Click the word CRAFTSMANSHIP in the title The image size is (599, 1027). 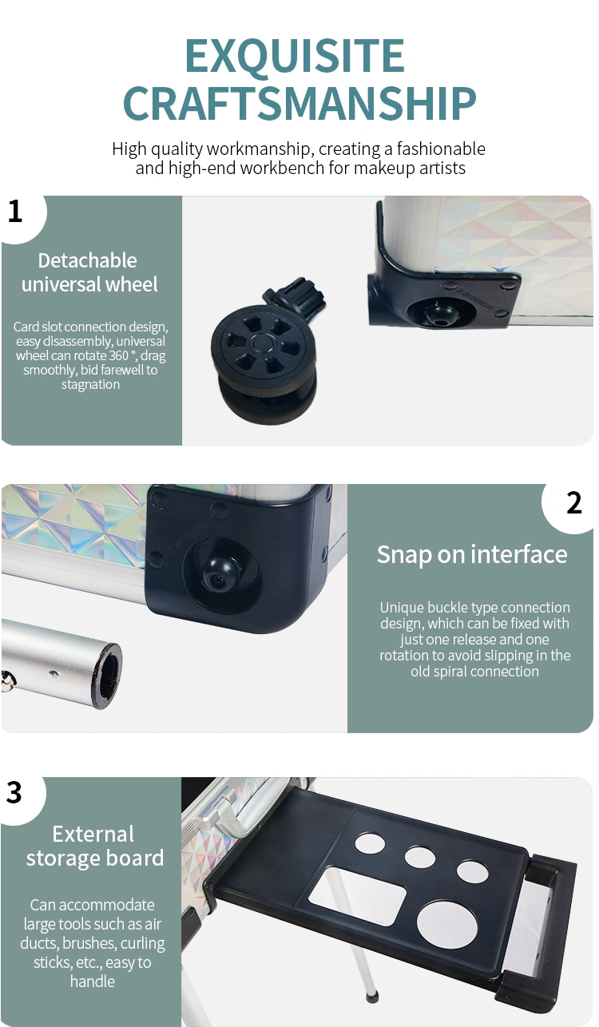point(299,103)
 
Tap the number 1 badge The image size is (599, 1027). point(15,212)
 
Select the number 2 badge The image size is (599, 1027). point(573,503)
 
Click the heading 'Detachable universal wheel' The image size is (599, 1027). point(89,272)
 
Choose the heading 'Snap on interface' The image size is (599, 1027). point(472,554)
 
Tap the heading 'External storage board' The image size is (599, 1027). point(94,846)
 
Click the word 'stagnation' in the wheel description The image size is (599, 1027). point(90,384)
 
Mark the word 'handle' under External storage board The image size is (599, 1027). point(92,981)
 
